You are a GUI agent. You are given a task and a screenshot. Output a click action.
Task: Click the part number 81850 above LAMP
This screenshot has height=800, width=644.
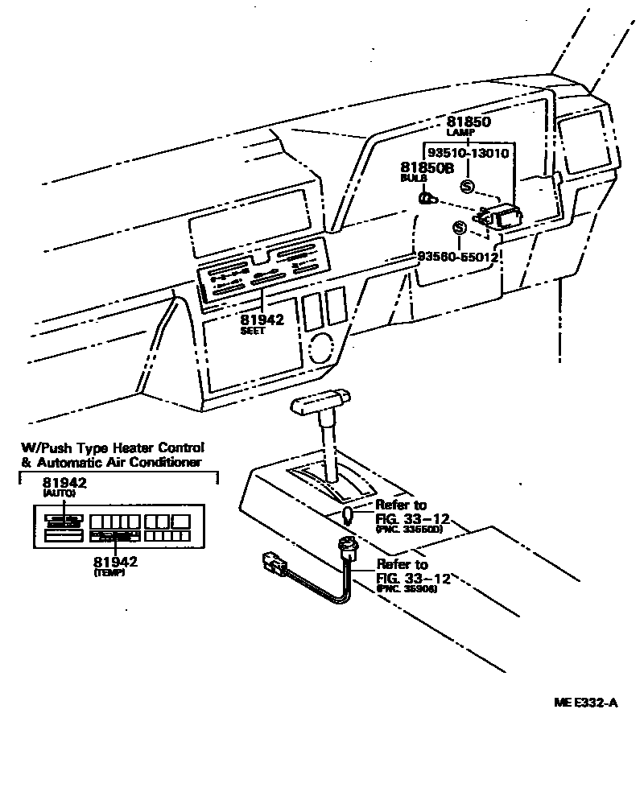pos(469,122)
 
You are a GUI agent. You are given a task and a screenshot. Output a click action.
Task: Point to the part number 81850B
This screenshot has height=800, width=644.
pos(427,167)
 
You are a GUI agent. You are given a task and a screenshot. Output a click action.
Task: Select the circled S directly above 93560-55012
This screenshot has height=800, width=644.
pos(459,229)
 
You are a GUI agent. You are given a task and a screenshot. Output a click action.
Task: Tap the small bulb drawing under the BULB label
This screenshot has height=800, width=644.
pos(427,197)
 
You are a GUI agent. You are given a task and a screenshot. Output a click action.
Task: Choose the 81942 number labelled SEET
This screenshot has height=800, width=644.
pos(262,320)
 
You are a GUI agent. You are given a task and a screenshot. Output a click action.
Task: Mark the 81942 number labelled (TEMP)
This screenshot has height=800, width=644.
pos(114,562)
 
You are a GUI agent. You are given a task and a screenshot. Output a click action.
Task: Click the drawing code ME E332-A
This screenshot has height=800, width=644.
pos(584,703)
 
